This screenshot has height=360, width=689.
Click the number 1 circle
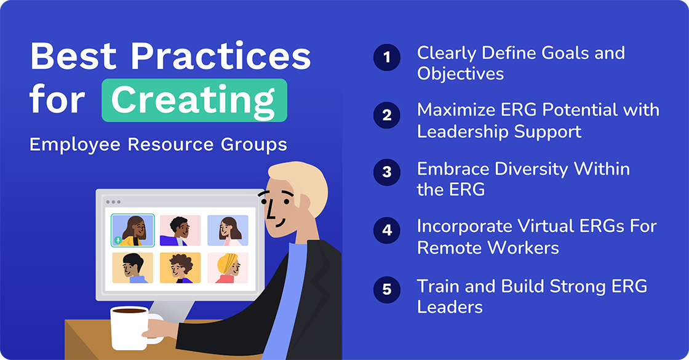pyautogui.click(x=386, y=57)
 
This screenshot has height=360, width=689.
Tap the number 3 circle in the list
pyautogui.click(x=386, y=172)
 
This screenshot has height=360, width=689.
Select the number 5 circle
pyautogui.click(x=386, y=289)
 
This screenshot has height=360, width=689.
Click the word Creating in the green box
pyautogui.click(x=194, y=100)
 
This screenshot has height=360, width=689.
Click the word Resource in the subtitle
pyautogui.click(x=167, y=145)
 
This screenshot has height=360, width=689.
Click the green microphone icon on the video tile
pyautogui.click(x=117, y=240)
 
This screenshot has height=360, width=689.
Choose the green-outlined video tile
pyautogui.click(x=132, y=230)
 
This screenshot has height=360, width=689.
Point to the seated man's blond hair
pyautogui.click(x=295, y=179)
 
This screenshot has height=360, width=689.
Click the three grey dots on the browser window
pyautogui.click(x=113, y=202)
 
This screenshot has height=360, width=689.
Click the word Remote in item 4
pyautogui.click(x=450, y=247)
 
